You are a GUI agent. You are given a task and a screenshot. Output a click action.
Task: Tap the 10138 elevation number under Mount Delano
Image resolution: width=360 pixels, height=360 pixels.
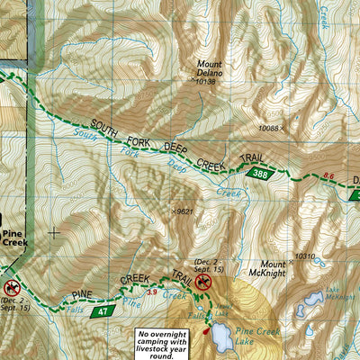(x=205, y=81)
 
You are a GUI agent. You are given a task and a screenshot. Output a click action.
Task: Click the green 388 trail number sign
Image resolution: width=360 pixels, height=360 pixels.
(x=260, y=174)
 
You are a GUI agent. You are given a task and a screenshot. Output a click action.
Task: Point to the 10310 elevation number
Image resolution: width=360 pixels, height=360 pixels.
(x=306, y=256)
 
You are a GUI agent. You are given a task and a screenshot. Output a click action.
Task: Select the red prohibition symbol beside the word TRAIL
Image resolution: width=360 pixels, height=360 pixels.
(x=203, y=283)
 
